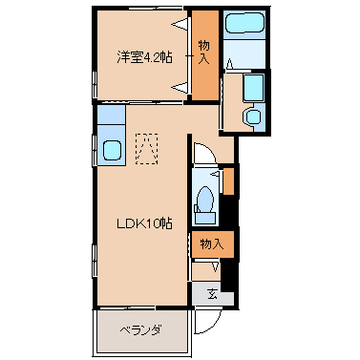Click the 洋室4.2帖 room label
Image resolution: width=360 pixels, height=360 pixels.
pyautogui.click(x=145, y=57)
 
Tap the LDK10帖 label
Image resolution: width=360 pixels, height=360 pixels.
pyautogui.click(x=144, y=223)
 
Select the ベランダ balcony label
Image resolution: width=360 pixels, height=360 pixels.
pyautogui.click(x=140, y=330)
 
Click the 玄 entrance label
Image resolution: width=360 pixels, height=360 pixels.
pyautogui.click(x=212, y=294)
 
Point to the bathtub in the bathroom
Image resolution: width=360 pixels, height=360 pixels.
pyautogui.click(x=244, y=22)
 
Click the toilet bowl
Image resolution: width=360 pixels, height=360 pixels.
pyautogui.click(x=204, y=200)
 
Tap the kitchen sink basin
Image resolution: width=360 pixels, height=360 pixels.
pyautogui.click(x=112, y=150)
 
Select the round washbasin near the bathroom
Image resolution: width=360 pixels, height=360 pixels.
pyautogui.click(x=253, y=116)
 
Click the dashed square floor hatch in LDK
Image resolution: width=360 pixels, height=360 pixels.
pyautogui.click(x=147, y=149)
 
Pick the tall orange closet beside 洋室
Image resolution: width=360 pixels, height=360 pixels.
pyautogui.click(x=205, y=54)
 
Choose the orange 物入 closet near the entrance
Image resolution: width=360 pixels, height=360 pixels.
pyautogui.click(x=213, y=244)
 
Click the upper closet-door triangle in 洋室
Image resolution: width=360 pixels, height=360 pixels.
pyautogui.click(x=180, y=24)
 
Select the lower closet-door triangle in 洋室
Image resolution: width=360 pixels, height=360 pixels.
pyautogui.click(x=180, y=87)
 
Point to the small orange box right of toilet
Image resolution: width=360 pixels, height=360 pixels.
pyautogui.click(x=228, y=181)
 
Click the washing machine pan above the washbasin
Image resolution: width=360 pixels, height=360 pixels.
pyautogui.click(x=254, y=88)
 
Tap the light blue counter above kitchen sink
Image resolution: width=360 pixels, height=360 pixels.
pyautogui.click(x=112, y=115)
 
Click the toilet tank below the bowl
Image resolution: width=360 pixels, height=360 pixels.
pyautogui.click(x=205, y=219)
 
